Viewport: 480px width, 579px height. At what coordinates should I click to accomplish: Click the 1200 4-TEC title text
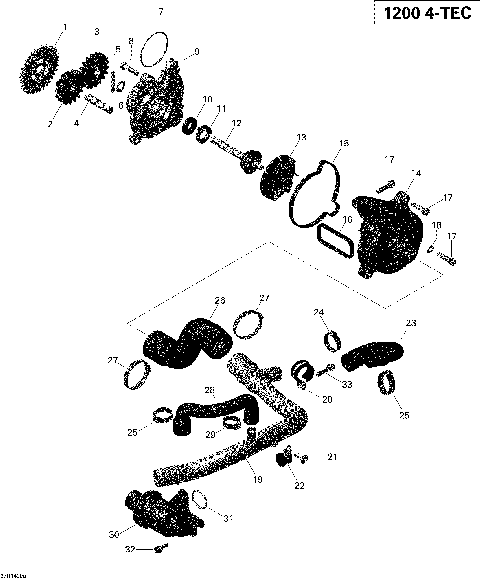click(x=421, y=15)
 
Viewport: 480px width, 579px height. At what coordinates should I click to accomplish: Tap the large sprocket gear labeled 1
click(x=40, y=66)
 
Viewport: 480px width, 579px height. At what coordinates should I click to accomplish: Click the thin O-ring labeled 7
click(x=153, y=47)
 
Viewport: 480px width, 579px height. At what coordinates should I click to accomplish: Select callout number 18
click(x=437, y=225)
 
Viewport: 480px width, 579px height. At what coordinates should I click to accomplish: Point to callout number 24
click(x=319, y=313)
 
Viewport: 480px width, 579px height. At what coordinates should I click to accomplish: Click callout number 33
click(x=348, y=383)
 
